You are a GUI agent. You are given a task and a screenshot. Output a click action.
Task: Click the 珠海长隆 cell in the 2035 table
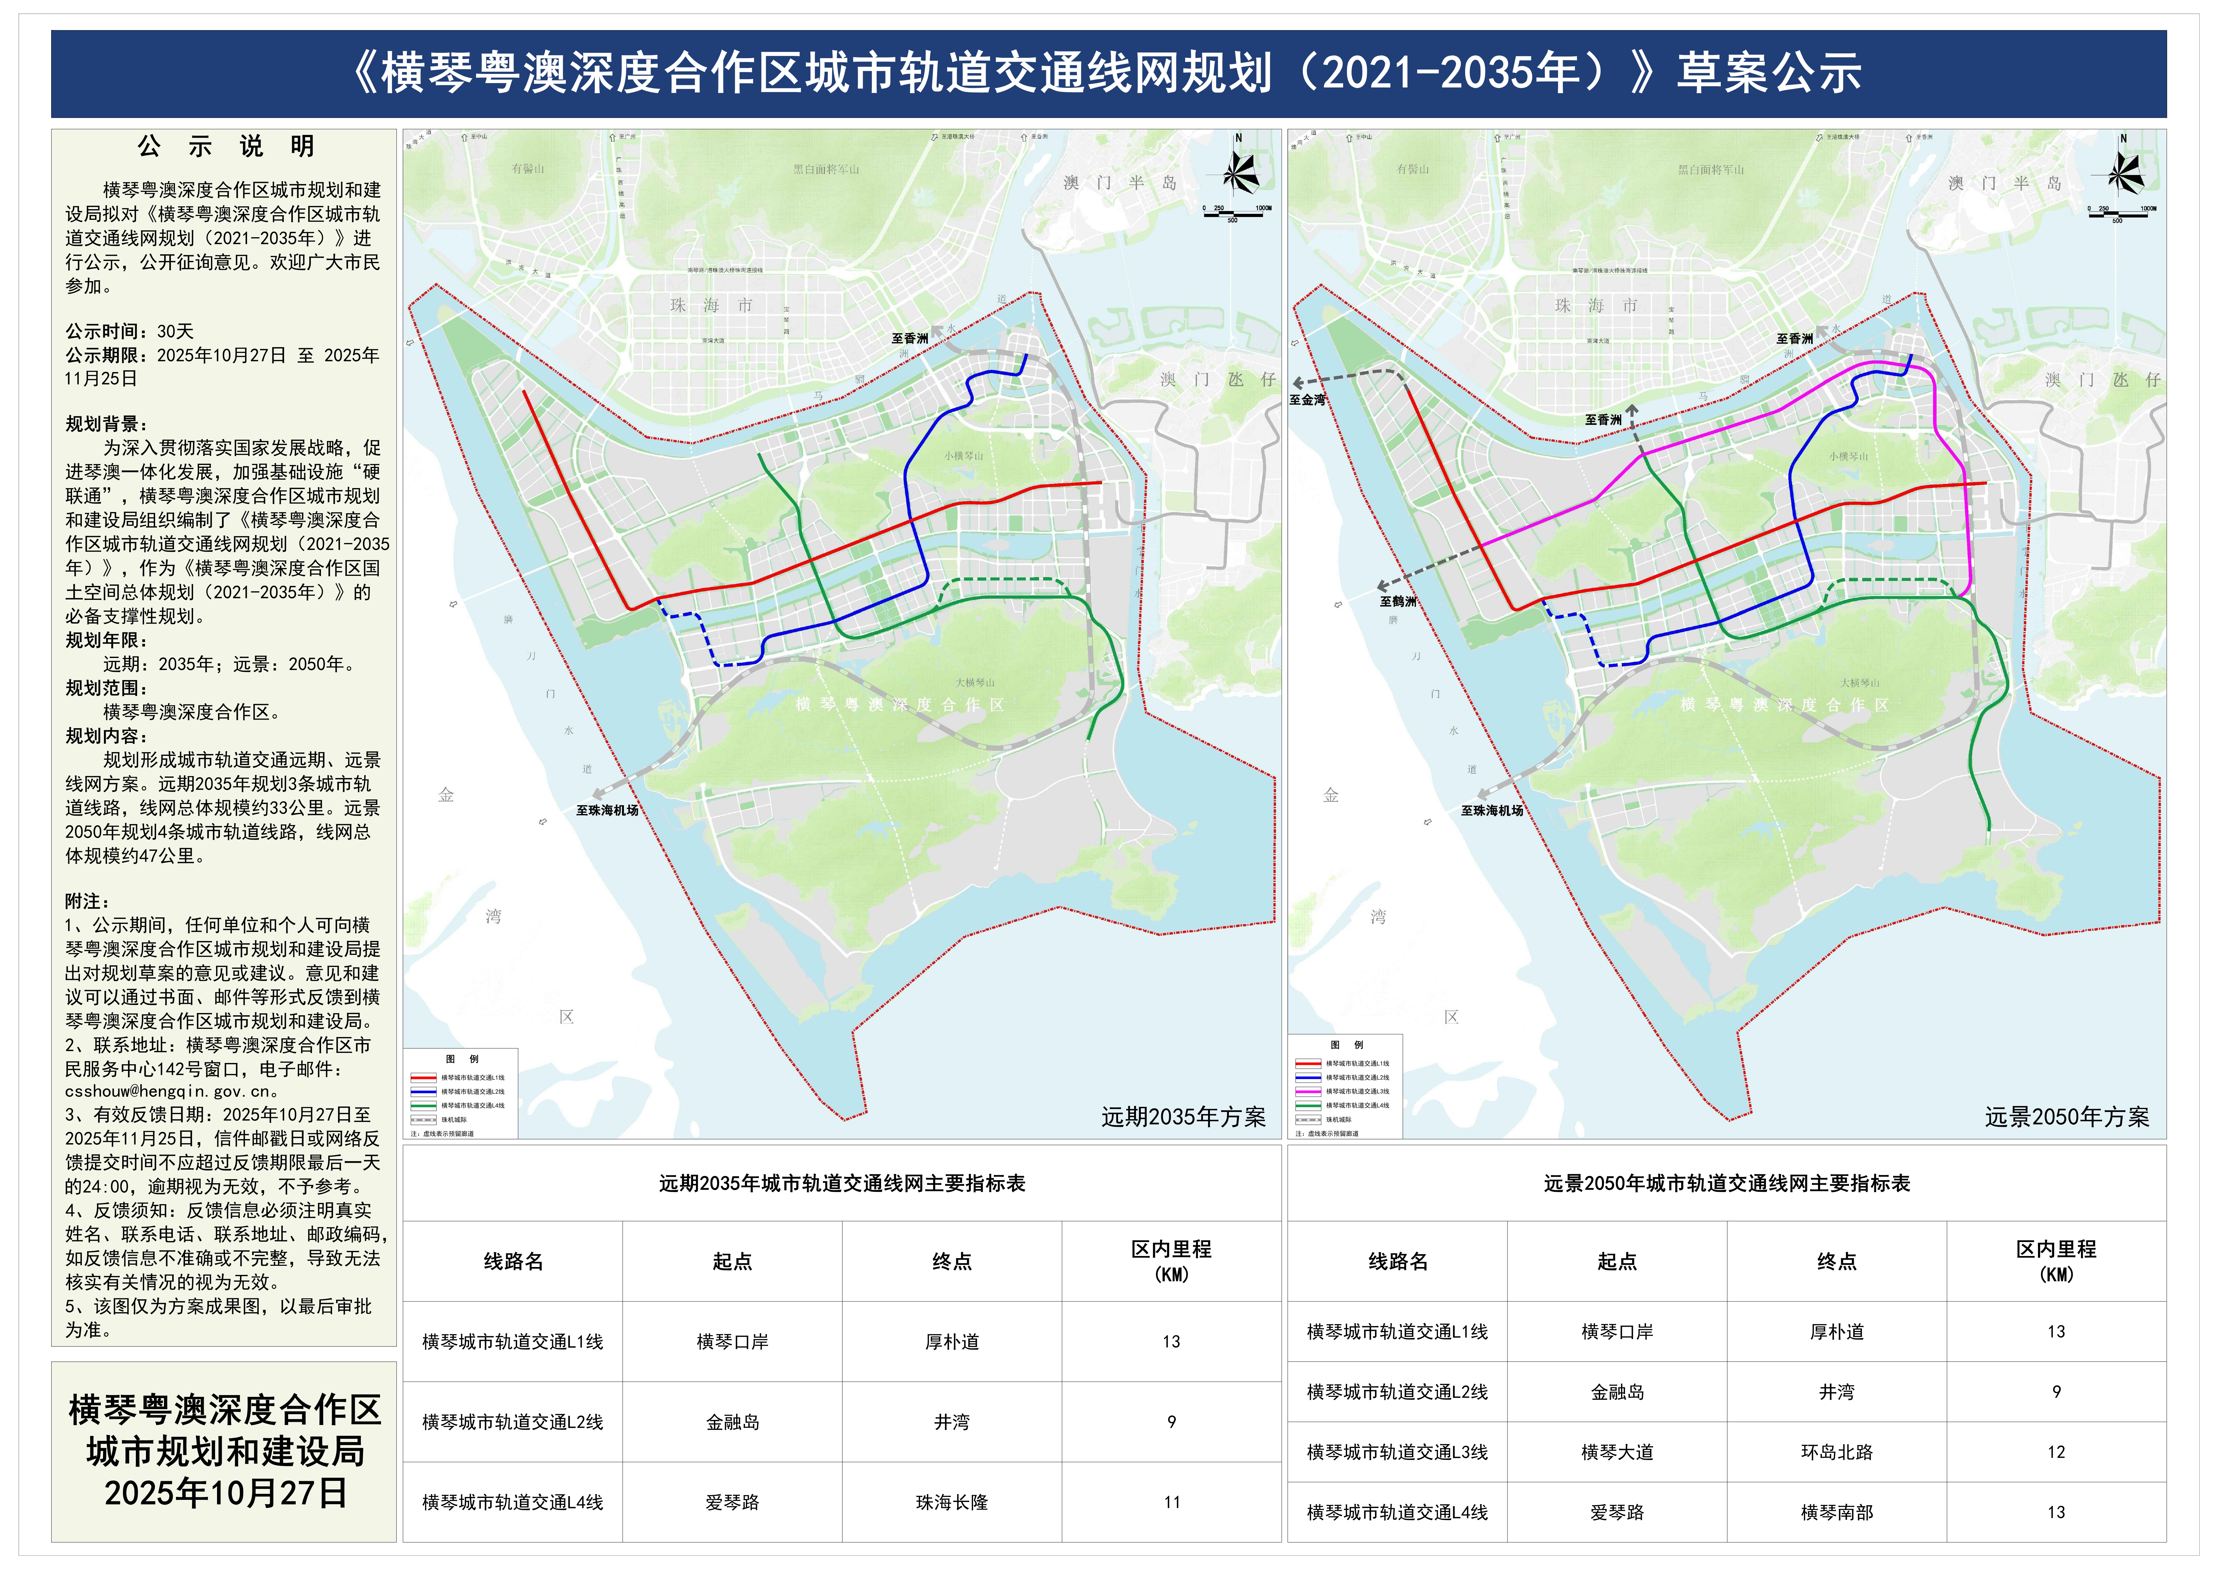952,1502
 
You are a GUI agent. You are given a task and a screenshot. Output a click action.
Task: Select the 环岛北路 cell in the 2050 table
1836,1452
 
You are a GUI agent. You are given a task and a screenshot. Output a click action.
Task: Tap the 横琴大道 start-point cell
1617,1452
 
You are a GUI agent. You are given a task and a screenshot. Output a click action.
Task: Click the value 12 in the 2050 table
2056,1452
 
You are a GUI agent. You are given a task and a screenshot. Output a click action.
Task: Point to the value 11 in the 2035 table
1172,1502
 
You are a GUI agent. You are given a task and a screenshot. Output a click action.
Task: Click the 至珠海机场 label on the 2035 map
607,811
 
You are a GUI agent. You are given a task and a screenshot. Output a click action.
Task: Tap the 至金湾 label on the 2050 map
1307,400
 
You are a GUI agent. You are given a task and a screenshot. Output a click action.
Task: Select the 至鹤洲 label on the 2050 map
1398,601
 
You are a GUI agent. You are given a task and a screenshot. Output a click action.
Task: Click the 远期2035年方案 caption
1183,1117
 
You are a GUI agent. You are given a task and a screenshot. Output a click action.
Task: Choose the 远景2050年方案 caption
2067,1117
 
